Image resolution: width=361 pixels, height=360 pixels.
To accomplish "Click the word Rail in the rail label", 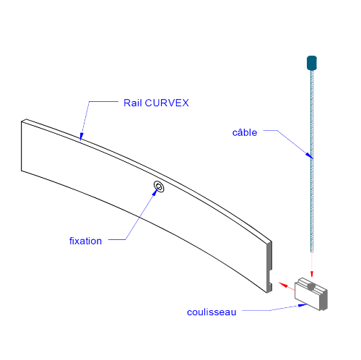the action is [x=132, y=103].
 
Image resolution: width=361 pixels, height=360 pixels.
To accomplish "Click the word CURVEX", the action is [x=167, y=103].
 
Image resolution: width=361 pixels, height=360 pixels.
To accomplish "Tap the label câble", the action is [x=245, y=132].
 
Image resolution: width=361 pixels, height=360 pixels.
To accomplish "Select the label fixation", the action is [x=85, y=241].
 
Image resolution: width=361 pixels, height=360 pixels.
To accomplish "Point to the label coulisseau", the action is [x=212, y=312].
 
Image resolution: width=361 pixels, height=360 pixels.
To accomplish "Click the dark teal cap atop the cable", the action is [x=312, y=63].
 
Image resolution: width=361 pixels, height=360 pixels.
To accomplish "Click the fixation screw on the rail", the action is [x=159, y=187].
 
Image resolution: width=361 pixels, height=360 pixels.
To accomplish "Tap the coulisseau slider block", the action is [x=311, y=294].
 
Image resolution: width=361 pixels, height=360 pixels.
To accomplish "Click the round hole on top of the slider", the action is [x=311, y=286].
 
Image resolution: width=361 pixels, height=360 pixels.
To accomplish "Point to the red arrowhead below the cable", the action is [x=312, y=274].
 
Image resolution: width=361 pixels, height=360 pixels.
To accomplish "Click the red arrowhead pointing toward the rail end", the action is [x=283, y=285].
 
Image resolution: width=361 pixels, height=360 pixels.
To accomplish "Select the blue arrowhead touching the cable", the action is [x=310, y=155].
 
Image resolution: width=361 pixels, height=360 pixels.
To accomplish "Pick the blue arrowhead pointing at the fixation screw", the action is [x=155, y=192].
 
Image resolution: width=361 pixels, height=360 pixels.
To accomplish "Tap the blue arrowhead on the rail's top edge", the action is [x=82, y=136].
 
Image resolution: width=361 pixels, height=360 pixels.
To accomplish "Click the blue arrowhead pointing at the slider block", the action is [x=303, y=305].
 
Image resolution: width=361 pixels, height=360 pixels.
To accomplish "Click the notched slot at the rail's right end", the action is [x=270, y=276].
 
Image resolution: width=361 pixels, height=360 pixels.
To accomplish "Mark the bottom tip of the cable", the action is [x=312, y=252].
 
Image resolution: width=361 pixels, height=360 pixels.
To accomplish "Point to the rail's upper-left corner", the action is [x=22, y=122].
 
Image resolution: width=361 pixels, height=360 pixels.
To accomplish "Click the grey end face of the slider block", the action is [x=323, y=300].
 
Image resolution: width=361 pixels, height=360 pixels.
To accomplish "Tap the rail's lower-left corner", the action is [x=22, y=171].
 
